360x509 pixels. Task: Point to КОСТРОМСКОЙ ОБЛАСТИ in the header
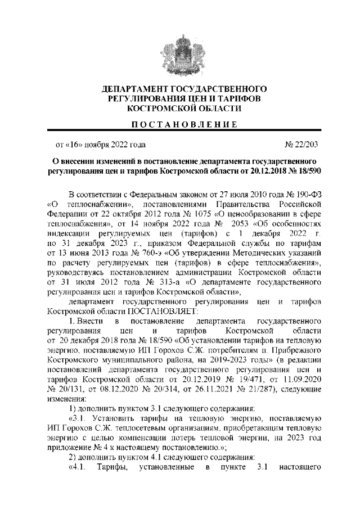click(x=180, y=107)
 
